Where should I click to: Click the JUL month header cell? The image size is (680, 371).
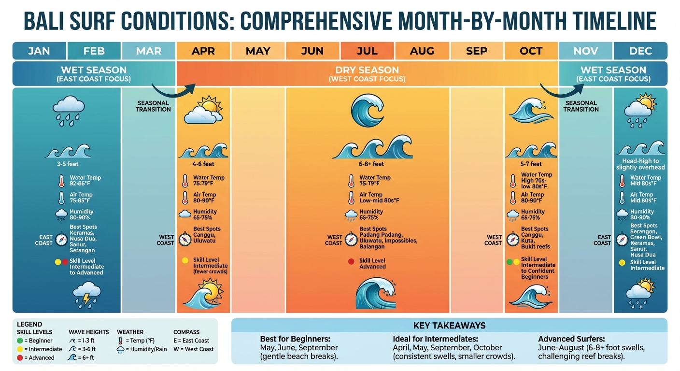click(367, 51)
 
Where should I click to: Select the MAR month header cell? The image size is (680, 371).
click(149, 51)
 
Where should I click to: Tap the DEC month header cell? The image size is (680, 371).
click(640, 51)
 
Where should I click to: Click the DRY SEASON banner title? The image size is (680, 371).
click(367, 70)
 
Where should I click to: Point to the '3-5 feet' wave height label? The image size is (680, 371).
click(68, 164)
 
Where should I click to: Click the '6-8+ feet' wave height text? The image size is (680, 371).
click(367, 164)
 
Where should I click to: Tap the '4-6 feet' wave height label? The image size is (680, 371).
click(203, 164)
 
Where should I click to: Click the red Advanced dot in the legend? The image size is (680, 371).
click(19, 358)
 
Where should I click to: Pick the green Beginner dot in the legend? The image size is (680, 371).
click(19, 341)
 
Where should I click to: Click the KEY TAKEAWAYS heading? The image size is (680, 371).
click(449, 326)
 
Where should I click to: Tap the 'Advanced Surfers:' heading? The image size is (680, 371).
click(571, 339)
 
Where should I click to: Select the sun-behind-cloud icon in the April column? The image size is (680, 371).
click(203, 110)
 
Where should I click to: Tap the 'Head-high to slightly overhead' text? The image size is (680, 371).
click(640, 164)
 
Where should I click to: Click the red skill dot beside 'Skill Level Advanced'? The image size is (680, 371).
click(351, 262)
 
